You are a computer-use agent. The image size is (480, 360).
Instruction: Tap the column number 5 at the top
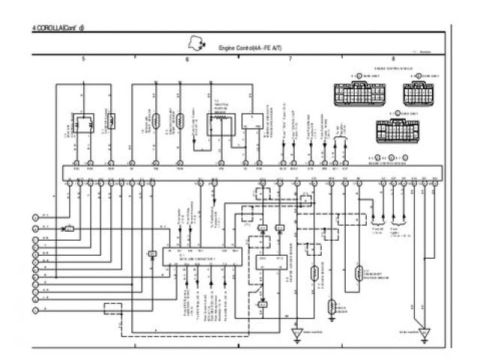coord(83,58)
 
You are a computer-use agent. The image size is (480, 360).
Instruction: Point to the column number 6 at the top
coord(187,58)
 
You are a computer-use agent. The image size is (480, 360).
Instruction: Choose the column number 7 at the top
coord(289,58)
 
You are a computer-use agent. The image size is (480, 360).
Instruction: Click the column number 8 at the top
coord(393,58)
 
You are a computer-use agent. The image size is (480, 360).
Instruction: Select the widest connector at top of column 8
coord(358,95)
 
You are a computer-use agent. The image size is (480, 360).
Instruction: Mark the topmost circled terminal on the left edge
coord(34,216)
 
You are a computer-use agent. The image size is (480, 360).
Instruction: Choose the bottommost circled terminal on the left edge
coord(34,309)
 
